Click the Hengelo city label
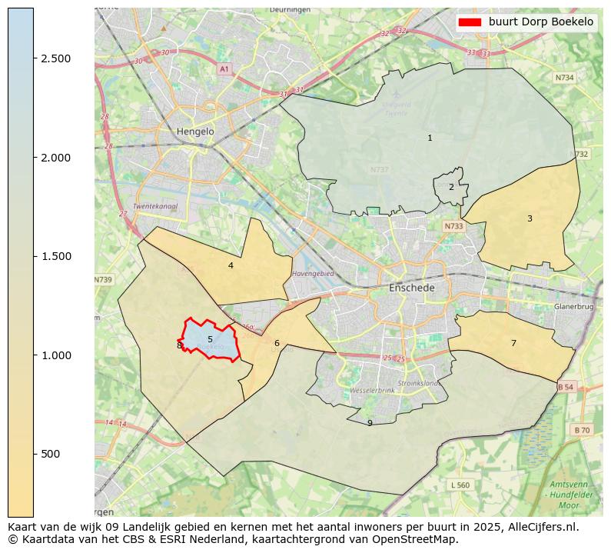[195, 132]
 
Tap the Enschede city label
[412, 288]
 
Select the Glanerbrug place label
[574, 306]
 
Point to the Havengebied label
[313, 274]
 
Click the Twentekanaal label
[154, 207]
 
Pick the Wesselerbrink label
[372, 391]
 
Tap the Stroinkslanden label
[418, 383]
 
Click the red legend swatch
[470, 22]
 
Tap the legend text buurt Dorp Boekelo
[541, 22]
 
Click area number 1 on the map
[430, 138]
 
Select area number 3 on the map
[530, 218]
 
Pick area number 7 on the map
[513, 343]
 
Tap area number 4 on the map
[231, 266]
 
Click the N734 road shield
[565, 78]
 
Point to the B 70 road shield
[581, 430]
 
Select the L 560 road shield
[460, 485]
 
